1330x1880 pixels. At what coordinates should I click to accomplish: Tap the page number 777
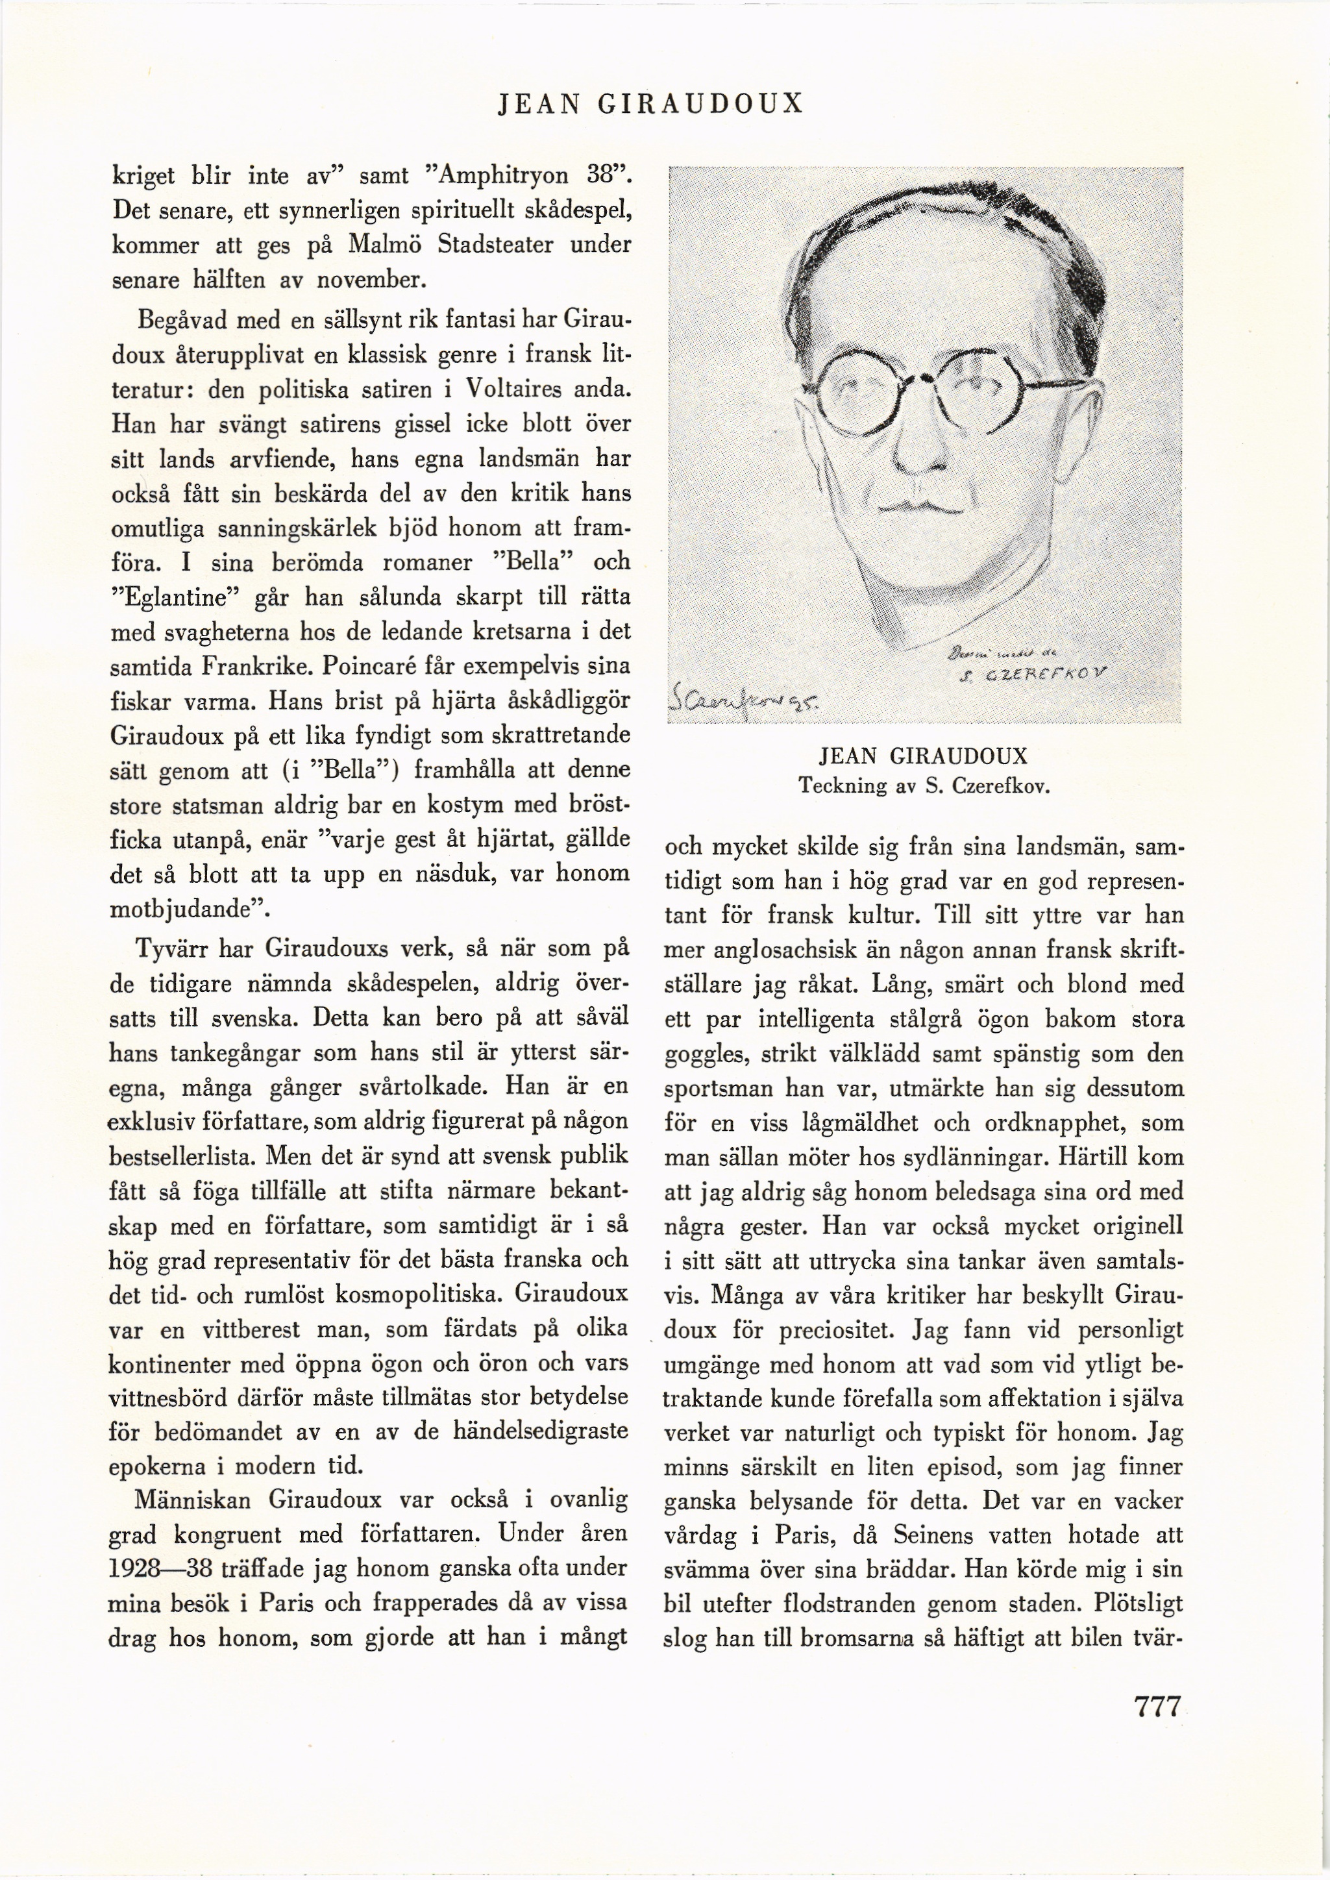[1157, 1707]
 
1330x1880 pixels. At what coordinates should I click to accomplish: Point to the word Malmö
[382, 245]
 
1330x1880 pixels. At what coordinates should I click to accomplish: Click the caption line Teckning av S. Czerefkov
[924, 786]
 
